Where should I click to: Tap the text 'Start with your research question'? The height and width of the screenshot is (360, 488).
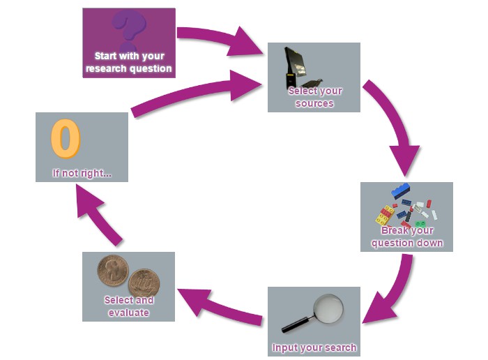click(129, 62)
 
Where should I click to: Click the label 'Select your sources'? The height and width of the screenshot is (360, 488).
click(315, 97)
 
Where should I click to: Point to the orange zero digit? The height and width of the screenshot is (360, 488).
click(66, 139)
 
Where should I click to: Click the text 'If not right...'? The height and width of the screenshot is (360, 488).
click(82, 173)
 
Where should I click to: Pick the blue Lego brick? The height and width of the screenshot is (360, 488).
click(401, 190)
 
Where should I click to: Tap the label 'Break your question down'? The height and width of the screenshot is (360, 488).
click(406, 237)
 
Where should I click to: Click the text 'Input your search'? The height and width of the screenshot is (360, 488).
click(314, 347)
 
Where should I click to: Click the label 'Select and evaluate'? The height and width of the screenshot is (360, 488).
click(128, 306)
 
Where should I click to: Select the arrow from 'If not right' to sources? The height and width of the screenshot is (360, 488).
click(195, 93)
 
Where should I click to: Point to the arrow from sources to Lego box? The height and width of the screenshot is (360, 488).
click(394, 126)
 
